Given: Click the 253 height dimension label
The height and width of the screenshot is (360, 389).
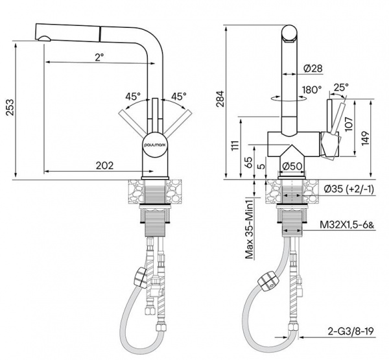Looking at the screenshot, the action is pyautogui.click(x=10, y=107).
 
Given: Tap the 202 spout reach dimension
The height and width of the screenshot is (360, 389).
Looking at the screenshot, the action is pyautogui.click(x=104, y=165).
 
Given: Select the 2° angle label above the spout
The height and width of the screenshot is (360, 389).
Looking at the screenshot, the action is pyautogui.click(x=99, y=57).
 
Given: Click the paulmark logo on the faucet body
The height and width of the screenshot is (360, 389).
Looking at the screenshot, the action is pyautogui.click(x=156, y=145).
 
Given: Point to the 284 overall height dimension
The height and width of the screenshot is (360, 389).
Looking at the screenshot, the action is pyautogui.click(x=220, y=99).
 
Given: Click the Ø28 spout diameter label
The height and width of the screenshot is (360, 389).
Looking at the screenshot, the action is pyautogui.click(x=312, y=68).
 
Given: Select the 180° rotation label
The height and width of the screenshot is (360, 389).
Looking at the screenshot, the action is pyautogui.click(x=312, y=90).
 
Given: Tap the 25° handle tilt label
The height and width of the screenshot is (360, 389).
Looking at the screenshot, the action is pyautogui.click(x=341, y=87).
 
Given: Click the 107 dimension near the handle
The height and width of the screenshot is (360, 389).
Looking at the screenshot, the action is pyautogui.click(x=349, y=123).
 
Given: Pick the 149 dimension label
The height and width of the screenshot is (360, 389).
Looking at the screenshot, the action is pyautogui.click(x=365, y=138).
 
